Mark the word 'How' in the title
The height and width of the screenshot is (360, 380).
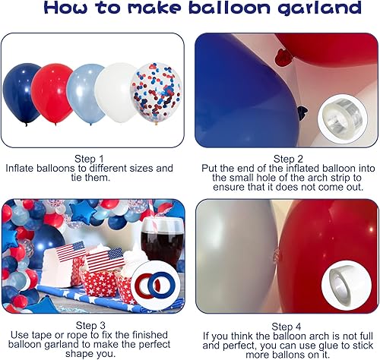point(47,10)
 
